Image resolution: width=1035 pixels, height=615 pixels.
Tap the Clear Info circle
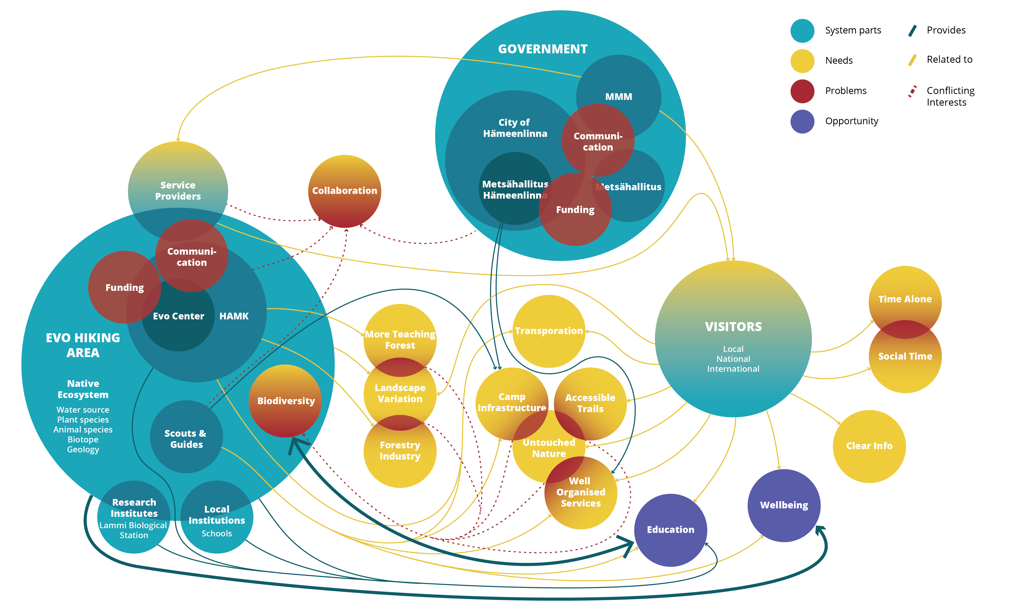(869, 446)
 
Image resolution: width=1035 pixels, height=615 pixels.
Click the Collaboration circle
(345, 191)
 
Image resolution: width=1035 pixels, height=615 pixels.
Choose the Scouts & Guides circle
(186, 438)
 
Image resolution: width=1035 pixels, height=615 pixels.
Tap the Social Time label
(905, 356)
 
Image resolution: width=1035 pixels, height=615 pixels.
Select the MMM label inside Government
(618, 96)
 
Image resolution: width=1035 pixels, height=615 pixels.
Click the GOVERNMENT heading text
(542, 49)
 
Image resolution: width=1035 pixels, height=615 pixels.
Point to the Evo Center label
(178, 316)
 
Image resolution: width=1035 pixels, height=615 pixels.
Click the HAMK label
(234, 316)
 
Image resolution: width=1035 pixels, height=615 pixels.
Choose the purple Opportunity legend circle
(802, 122)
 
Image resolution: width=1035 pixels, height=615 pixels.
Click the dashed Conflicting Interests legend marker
(912, 92)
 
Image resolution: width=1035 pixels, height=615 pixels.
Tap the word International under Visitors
(733, 369)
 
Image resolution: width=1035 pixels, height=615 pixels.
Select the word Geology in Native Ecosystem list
(83, 449)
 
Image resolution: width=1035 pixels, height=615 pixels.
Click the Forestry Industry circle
(400, 451)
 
